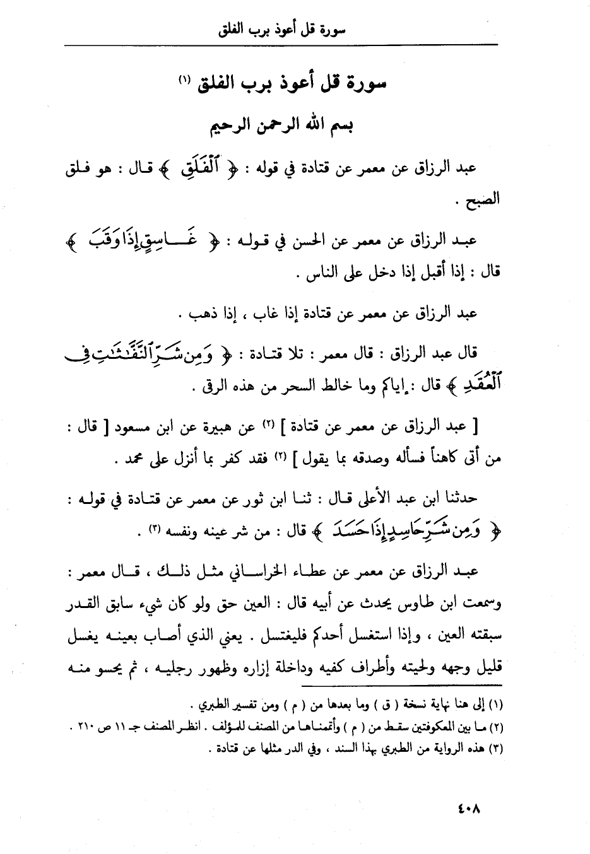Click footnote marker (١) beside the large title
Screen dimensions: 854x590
click(184, 81)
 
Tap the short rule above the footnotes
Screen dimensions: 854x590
click(404, 685)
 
